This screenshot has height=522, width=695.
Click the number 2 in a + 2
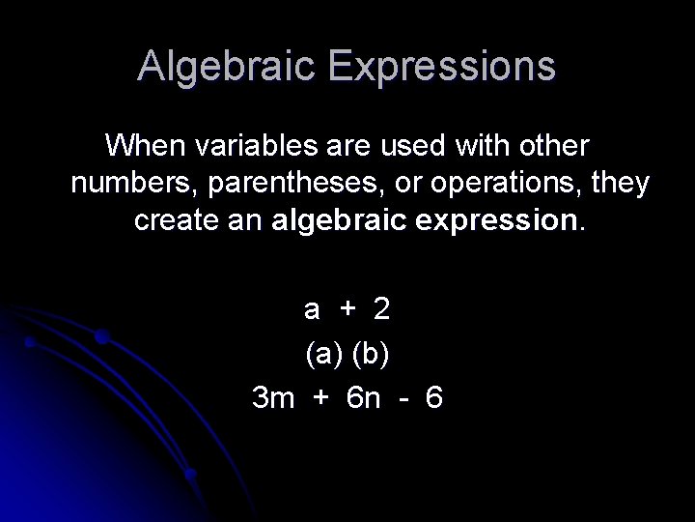click(381, 309)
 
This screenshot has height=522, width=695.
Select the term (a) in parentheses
click(324, 354)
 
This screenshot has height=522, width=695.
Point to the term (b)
click(372, 354)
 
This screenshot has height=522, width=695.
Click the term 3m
click(272, 397)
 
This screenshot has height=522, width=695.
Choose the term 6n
click(363, 397)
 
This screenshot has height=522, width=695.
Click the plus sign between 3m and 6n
click(320, 397)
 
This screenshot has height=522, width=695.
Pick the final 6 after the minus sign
click(433, 397)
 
